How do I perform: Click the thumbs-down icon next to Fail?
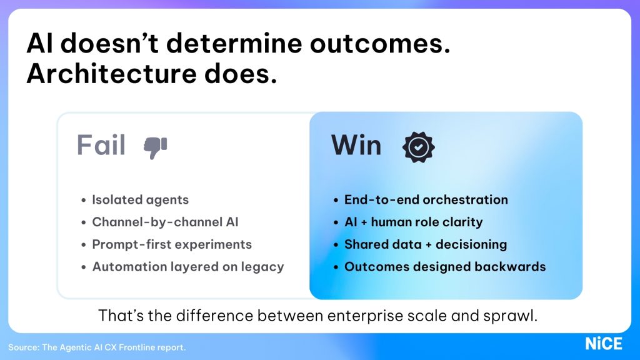click(x=155, y=147)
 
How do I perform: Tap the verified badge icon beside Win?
click(x=418, y=146)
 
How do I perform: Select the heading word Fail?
click(x=101, y=146)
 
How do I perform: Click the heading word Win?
click(x=356, y=146)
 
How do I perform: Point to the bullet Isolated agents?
click(x=140, y=200)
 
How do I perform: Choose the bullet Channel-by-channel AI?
click(x=165, y=222)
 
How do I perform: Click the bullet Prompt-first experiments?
click(x=172, y=244)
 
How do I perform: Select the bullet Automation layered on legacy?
click(x=187, y=267)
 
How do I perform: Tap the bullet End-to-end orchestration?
click(x=426, y=200)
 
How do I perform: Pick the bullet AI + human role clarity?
click(x=413, y=222)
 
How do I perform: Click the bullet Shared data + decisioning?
click(x=425, y=244)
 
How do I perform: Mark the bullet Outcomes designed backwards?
click(x=444, y=267)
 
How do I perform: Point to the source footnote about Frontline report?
click(x=97, y=347)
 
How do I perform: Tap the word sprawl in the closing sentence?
click(x=514, y=316)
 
